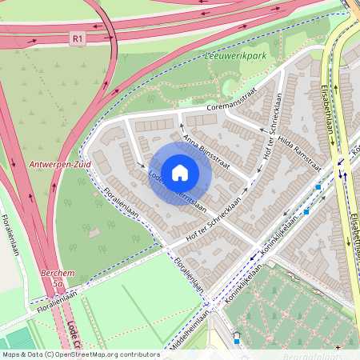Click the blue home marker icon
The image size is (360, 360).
click(x=180, y=173)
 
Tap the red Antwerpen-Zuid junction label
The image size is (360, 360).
click(x=60, y=164)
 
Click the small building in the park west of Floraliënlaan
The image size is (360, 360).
click(x=95, y=233)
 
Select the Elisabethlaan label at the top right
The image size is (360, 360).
click(x=327, y=111)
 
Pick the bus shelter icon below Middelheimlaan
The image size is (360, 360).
click(x=236, y=336)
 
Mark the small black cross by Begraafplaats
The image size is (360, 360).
click(x=338, y=348)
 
